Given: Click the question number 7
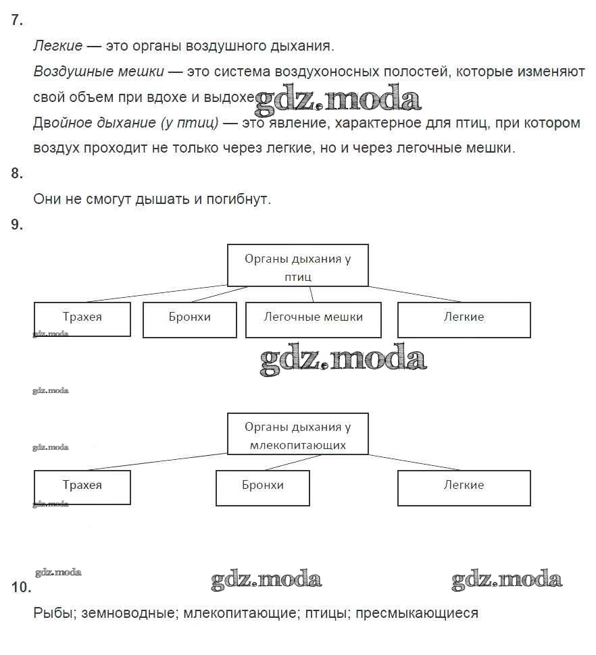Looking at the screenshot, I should (17, 20).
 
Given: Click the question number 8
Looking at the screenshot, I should (17, 174).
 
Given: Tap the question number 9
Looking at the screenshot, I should (17, 226).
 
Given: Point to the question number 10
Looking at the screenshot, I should (21, 587).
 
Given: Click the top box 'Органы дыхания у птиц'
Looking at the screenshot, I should (297, 265).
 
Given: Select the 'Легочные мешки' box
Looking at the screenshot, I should (313, 319).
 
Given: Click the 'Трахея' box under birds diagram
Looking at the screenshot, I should (82, 319).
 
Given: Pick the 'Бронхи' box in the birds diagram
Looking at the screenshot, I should (189, 319).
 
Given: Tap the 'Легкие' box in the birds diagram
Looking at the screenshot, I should (464, 319).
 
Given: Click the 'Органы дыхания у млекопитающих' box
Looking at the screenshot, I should (297, 434).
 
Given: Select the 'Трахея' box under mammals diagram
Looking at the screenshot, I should (82, 487).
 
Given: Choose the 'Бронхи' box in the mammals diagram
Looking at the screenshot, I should (262, 487).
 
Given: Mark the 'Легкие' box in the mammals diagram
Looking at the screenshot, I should (464, 487).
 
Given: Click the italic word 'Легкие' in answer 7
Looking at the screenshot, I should (58, 46).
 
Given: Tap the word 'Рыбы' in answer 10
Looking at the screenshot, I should (54, 613).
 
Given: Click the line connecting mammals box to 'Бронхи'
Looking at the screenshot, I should (289, 463).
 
